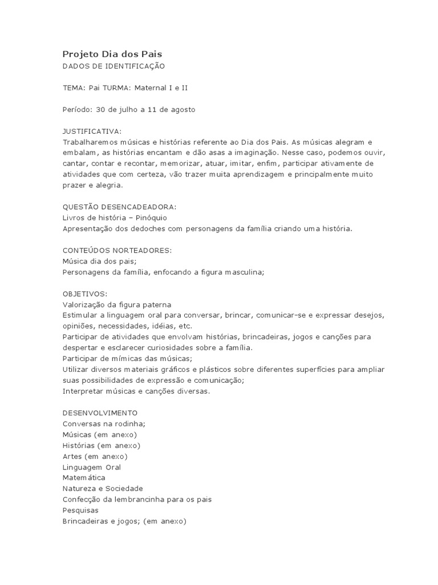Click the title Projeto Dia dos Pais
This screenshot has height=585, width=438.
112,54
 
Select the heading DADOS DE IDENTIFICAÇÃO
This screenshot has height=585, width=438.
113,66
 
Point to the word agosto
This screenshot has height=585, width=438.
182,109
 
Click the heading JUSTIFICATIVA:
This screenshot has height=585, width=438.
92,131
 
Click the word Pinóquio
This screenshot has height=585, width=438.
149,218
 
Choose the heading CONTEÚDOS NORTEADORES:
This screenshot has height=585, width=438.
117,250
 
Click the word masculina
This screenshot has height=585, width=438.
244,273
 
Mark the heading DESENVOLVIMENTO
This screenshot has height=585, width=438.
99,412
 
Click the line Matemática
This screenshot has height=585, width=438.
84,478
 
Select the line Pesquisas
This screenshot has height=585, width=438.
80,510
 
